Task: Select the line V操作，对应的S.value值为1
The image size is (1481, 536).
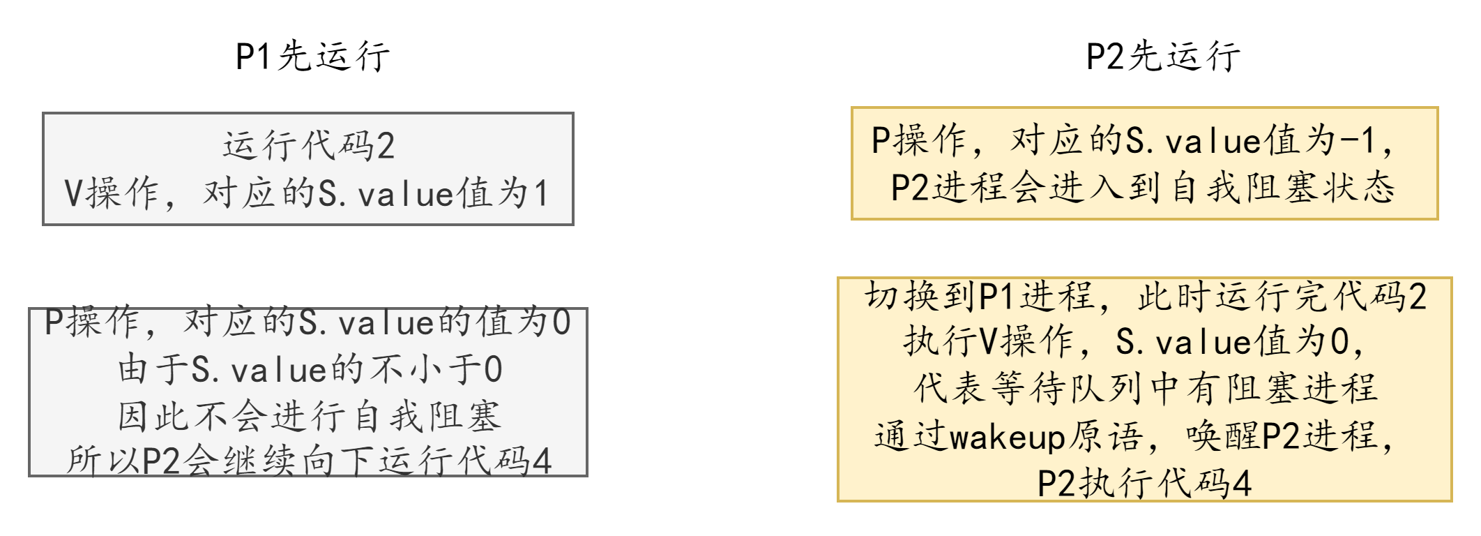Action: (x=307, y=193)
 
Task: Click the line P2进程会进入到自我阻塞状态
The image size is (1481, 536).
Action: (x=1144, y=188)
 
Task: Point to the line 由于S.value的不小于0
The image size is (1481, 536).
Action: (x=310, y=370)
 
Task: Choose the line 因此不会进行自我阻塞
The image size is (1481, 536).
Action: (x=310, y=417)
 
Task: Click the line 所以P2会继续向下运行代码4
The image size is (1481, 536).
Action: (x=309, y=462)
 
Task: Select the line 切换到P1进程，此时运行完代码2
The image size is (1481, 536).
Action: (x=1145, y=297)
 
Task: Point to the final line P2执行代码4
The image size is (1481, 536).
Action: (x=1145, y=484)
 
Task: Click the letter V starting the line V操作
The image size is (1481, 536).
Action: (x=74, y=193)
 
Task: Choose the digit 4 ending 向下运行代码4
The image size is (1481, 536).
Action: (x=542, y=462)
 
